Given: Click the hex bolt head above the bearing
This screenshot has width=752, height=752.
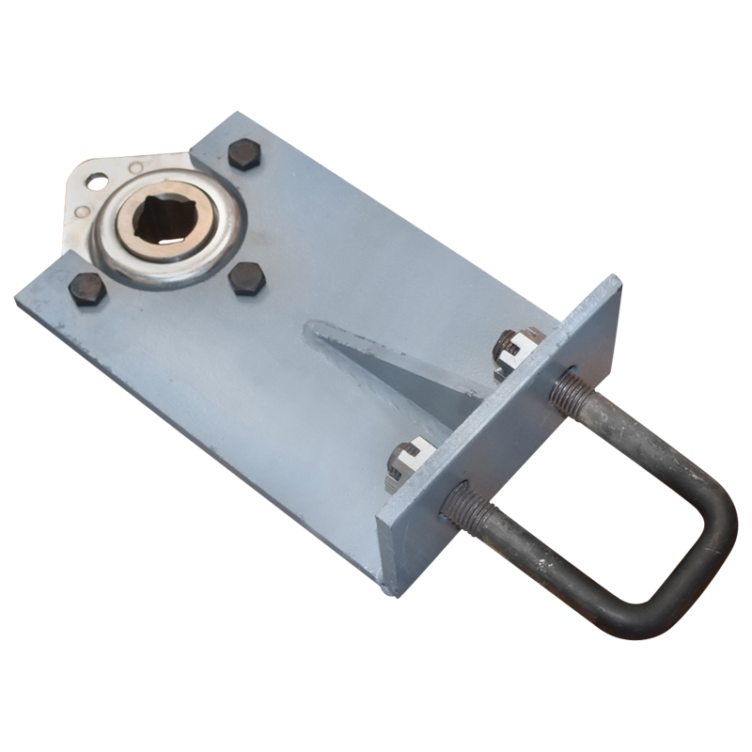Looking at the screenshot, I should click(243, 154).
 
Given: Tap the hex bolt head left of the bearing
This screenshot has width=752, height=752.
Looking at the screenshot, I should click(87, 289).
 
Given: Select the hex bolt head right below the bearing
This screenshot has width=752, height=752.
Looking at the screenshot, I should click(247, 278).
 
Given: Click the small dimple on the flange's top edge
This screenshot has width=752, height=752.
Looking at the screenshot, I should click(136, 167).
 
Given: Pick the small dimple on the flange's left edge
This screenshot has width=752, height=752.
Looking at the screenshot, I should click(83, 212).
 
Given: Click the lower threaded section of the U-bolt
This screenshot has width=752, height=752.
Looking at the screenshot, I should click(464, 509).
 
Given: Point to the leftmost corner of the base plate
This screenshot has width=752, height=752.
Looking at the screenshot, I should click(17, 299).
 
